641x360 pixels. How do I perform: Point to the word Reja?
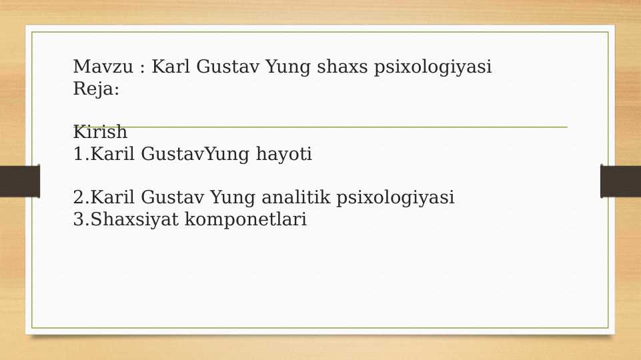96,89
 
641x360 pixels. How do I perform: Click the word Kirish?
100,132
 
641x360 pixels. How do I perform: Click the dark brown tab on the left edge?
19,181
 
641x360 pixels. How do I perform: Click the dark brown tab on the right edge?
620,181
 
